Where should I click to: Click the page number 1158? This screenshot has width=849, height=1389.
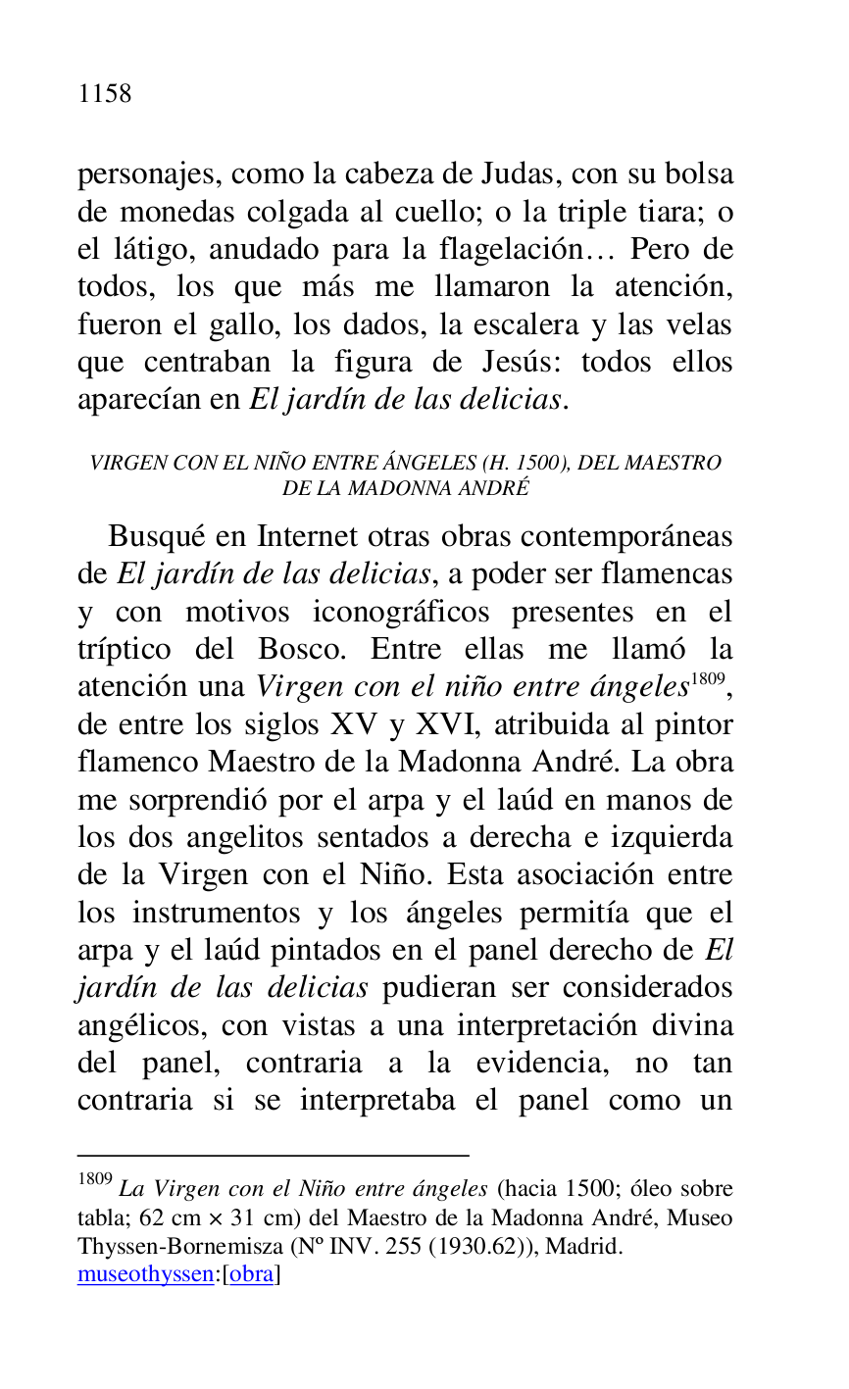[104, 94]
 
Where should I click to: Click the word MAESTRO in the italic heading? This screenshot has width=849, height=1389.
[676, 463]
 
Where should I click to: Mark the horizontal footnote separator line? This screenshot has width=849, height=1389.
[273, 1156]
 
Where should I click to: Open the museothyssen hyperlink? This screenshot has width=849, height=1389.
[145, 1275]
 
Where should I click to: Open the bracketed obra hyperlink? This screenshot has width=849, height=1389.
[251, 1275]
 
